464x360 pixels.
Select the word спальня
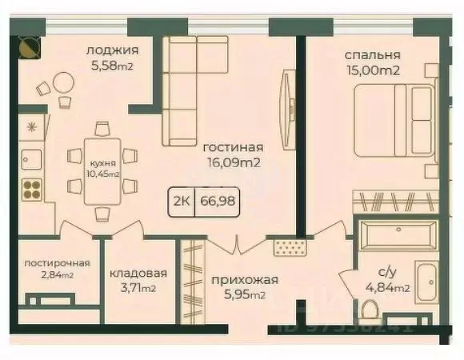372,55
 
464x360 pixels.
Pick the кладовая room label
133,272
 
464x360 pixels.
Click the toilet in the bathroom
369,306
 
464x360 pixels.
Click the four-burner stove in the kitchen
32,188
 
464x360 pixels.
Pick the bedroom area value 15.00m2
373,70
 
